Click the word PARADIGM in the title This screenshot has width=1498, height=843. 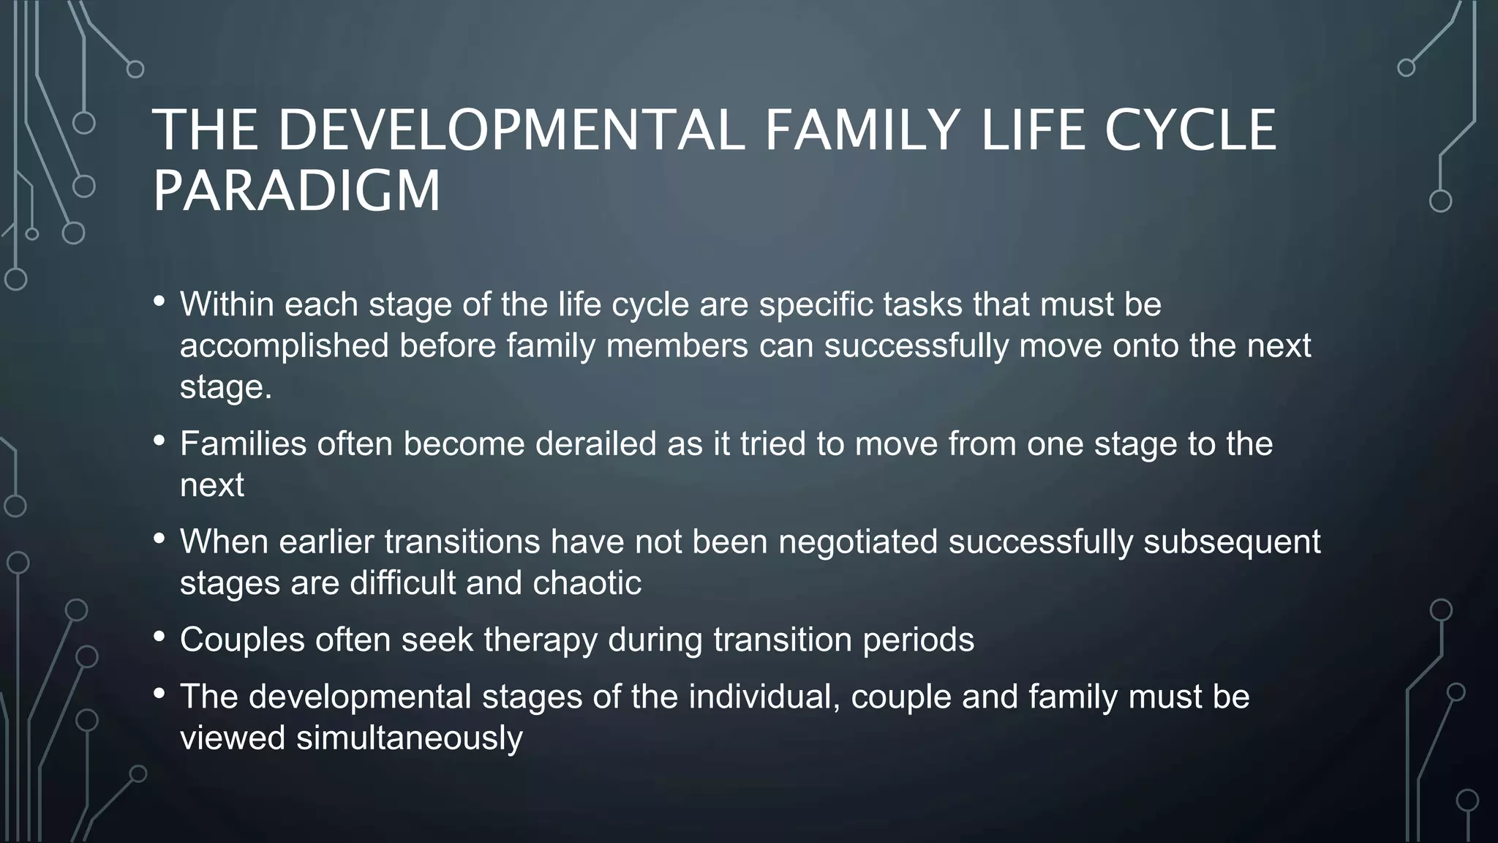coord(296,190)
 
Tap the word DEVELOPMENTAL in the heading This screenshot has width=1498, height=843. coord(511,130)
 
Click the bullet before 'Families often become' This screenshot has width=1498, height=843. coord(159,441)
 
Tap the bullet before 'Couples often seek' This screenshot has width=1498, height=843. coord(159,637)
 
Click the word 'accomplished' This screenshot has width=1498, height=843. coord(284,345)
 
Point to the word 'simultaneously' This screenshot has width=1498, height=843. coord(410,738)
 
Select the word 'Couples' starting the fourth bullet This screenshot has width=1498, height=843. coord(242,640)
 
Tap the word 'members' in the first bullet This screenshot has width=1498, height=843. coord(677,345)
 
